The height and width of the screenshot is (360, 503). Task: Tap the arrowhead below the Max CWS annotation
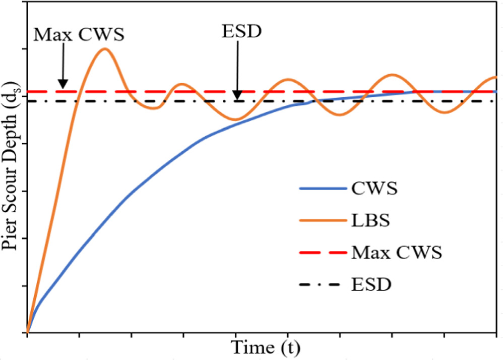tap(62, 84)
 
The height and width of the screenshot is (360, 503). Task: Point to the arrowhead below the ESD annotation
tap(236, 96)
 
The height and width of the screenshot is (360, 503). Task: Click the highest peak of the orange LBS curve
tap(105, 48)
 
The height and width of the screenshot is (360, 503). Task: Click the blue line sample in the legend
tap(321, 190)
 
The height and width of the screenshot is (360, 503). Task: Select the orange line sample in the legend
tap(321, 221)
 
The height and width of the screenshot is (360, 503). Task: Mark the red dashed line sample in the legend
tap(321, 253)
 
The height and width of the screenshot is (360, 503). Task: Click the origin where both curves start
tap(28, 333)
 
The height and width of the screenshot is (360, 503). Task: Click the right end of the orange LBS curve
tap(496, 77)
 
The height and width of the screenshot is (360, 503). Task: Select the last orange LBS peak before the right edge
tap(392, 75)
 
